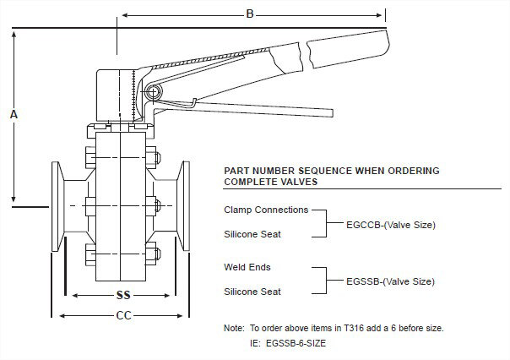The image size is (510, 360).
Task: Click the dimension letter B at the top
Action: pyautogui.click(x=250, y=14)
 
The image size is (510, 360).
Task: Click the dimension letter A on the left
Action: pyautogui.click(x=13, y=112)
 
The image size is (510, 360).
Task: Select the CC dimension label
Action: pyautogui.click(x=121, y=316)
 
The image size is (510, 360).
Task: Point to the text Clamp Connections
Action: pyautogui.click(x=266, y=210)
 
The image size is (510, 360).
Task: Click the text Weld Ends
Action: pyautogui.click(x=247, y=267)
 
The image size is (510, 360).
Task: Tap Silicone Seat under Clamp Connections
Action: pyautogui.click(x=253, y=233)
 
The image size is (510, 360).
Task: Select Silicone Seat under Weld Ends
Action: pyautogui.click(x=253, y=292)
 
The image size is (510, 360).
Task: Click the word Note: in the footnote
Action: pyautogui.click(x=234, y=327)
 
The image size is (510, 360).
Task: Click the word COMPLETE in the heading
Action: pyautogui.click(x=251, y=182)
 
